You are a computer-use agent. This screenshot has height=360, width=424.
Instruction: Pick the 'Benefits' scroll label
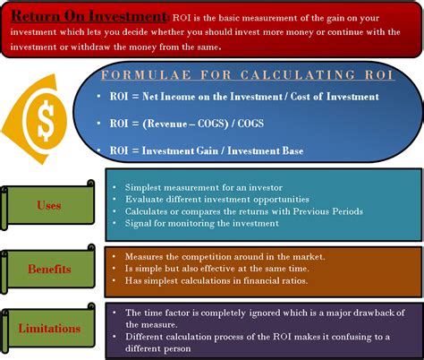pyautogui.click(x=49, y=268)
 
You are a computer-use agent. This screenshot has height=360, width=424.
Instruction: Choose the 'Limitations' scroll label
pyautogui.click(x=49, y=329)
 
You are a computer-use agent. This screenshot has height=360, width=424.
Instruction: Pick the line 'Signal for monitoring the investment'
pyautogui.click(x=195, y=224)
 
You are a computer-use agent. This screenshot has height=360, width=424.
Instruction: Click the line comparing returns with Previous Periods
pyautogui.click(x=237, y=211)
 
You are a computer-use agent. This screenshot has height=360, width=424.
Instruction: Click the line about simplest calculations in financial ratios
pyautogui.click(x=216, y=281)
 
